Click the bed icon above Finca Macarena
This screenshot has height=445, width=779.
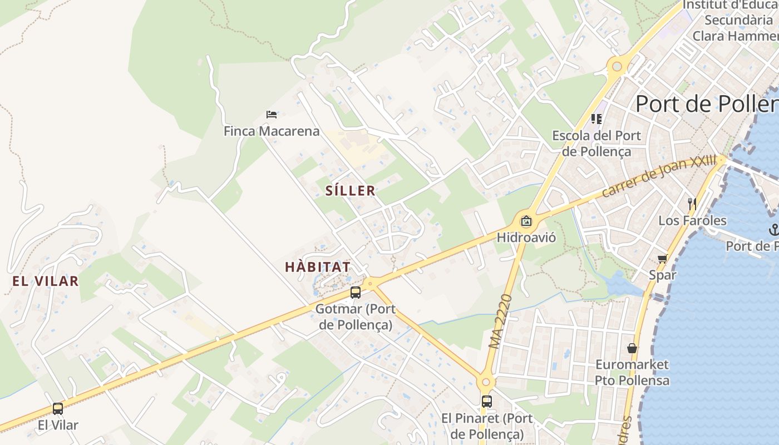click(272, 115)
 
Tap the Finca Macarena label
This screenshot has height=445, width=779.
click(272, 131)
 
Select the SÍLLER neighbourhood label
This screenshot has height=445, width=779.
click(350, 191)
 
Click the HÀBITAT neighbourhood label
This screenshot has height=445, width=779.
click(318, 267)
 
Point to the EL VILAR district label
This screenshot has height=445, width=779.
click(45, 281)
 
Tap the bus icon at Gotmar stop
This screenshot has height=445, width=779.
click(356, 293)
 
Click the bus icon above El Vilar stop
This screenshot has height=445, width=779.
click(58, 409)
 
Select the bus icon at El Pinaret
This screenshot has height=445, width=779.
click(487, 401)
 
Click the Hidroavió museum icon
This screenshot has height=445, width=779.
click(526, 221)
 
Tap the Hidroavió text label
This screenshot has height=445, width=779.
click(526, 238)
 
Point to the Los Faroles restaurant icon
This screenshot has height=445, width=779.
click(692, 204)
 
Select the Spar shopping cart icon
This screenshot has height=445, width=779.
click(663, 258)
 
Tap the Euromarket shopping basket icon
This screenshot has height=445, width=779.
click(632, 348)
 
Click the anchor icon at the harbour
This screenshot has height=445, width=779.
click(773, 229)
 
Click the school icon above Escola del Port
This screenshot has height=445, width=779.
click(596, 118)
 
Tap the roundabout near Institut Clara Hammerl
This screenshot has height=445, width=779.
click(617, 67)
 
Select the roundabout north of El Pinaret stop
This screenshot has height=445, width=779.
click(486, 382)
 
